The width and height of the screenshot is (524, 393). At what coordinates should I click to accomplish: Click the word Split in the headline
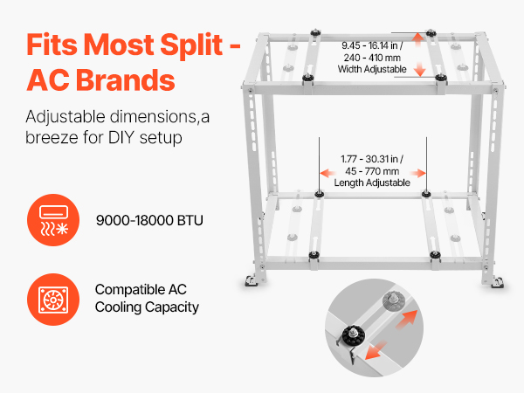pyautogui.click(x=191, y=45)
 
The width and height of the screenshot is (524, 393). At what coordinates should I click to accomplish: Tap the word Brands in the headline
pyautogui.click(x=126, y=80)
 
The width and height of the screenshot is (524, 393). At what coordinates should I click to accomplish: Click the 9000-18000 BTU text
pyautogui.click(x=149, y=221)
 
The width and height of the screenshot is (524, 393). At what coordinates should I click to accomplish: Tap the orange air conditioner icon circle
pyautogui.click(x=53, y=220)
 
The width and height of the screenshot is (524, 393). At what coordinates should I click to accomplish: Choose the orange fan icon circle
pyautogui.click(x=53, y=300)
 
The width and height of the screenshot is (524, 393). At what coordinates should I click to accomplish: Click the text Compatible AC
pyautogui.click(x=141, y=289)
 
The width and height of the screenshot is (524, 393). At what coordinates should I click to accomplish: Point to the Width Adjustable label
pyautogui.click(x=372, y=69)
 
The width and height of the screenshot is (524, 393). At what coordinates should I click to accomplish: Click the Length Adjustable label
pyautogui.click(x=372, y=183)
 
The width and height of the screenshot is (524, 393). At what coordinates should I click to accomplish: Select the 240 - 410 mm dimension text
pyautogui.click(x=372, y=58)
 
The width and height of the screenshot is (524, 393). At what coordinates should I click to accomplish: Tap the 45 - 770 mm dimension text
pyautogui.click(x=372, y=171)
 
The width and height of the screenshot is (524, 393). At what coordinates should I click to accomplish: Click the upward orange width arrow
pyautogui.click(x=417, y=41)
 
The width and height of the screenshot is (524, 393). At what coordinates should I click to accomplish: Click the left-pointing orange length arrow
pyautogui.click(x=327, y=173)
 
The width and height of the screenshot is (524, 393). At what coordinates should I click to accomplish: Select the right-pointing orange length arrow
pyautogui.click(x=418, y=173)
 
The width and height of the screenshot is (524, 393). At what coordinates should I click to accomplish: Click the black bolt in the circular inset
pyautogui.click(x=353, y=334)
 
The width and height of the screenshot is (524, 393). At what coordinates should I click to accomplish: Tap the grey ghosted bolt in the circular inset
pyautogui.click(x=393, y=300)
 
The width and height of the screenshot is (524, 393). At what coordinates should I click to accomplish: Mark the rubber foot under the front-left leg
pyautogui.click(x=251, y=281)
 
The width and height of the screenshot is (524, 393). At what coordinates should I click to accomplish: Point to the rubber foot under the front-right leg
pyautogui.click(x=498, y=282)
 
